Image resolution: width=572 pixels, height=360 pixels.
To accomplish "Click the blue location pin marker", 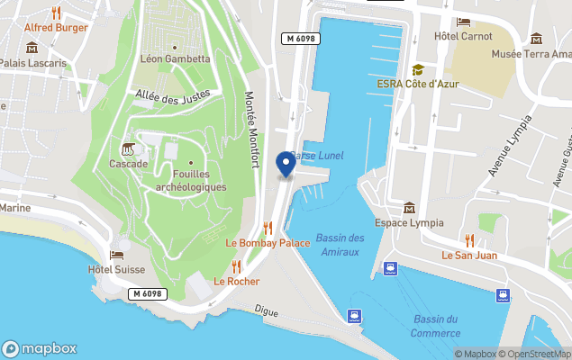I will pyautogui.click(x=286, y=164).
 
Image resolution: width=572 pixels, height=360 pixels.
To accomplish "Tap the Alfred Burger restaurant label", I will pyautogui.click(x=56, y=27).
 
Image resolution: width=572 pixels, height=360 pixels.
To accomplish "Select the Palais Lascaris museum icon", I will pyautogui.click(x=32, y=48).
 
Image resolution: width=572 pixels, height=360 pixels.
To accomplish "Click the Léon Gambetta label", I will pyautogui.click(x=175, y=59).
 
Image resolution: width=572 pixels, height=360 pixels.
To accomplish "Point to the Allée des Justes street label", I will pyautogui.click(x=172, y=93).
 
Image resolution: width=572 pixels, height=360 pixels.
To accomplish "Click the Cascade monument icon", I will pyautogui.click(x=128, y=148).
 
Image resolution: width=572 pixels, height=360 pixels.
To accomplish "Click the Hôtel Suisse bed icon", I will pyautogui.click(x=116, y=256).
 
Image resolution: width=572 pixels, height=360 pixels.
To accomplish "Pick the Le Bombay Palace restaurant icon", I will pyautogui.click(x=268, y=228).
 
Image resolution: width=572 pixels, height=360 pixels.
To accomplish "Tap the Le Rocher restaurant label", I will pyautogui.click(x=236, y=281).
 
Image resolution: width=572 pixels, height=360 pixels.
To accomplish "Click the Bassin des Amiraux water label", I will pyautogui.click(x=340, y=244).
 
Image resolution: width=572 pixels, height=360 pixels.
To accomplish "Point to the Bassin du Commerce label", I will pyautogui.click(x=436, y=326).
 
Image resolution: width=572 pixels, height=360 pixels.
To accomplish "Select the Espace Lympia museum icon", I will pyautogui.click(x=410, y=208).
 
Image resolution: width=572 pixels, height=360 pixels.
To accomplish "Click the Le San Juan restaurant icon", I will pyautogui.click(x=468, y=240).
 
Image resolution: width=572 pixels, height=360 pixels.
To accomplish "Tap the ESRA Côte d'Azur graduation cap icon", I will pyautogui.click(x=418, y=69).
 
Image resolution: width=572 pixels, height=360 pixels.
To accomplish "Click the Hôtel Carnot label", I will pyautogui.click(x=463, y=36).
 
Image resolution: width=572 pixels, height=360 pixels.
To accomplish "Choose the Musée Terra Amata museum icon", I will pyautogui.click(x=537, y=39).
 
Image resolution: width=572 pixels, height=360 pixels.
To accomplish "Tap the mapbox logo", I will pyautogui.click(x=40, y=348).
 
